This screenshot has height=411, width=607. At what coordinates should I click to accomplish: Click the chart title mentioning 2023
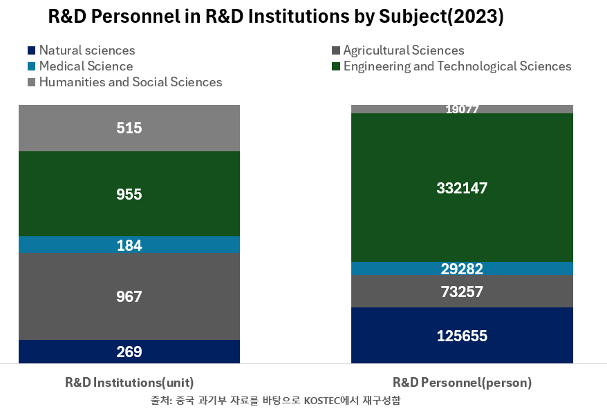tap(276, 17)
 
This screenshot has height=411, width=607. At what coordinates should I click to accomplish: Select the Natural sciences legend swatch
tap(31, 50)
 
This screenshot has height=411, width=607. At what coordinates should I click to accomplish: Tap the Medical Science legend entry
tap(86, 66)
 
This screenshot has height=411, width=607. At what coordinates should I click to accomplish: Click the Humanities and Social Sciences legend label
tap(131, 82)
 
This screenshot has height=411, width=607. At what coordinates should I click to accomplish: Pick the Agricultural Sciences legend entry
tap(403, 50)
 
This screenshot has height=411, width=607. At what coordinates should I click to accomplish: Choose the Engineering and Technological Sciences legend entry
tap(457, 66)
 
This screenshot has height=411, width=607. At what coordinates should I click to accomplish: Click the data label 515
tap(129, 128)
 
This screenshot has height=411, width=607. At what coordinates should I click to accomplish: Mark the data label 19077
tap(462, 109)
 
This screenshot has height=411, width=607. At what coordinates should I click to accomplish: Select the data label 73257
tap(462, 292)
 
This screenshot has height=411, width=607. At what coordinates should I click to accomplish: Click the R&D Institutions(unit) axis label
tap(129, 382)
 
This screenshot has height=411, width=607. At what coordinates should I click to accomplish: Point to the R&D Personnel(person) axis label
tap(462, 382)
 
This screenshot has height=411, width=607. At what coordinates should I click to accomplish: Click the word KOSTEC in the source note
tap(322, 400)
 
